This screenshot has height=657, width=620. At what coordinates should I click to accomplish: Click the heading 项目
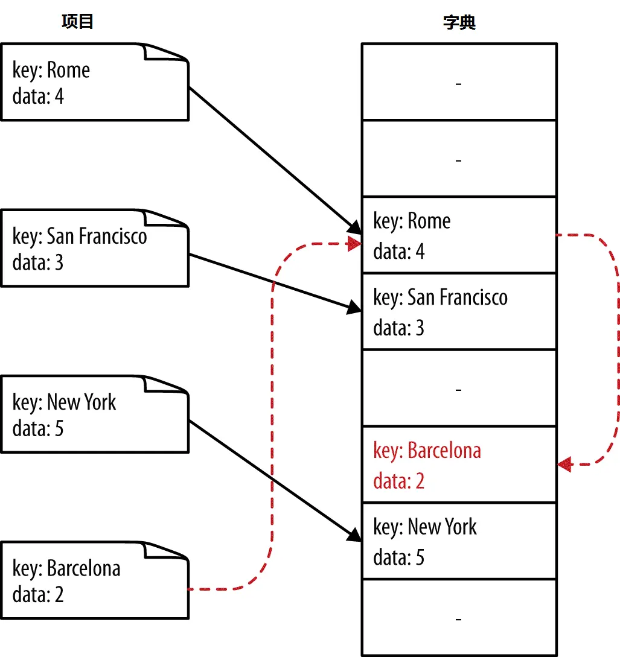coord(77,21)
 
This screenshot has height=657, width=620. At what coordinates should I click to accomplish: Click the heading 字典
coord(459,22)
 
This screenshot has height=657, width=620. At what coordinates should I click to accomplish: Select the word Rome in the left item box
coord(68,69)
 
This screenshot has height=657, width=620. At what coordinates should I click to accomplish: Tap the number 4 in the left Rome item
coord(60,97)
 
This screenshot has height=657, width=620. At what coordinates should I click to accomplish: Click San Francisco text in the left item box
coord(97,236)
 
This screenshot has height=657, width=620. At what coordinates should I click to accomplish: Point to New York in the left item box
coord(81,402)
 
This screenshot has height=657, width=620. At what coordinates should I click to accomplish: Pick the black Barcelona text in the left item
coord(83,568)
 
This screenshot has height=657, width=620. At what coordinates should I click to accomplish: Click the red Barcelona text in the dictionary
coord(444,451)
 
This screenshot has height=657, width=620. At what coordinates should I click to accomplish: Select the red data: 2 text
coord(398,481)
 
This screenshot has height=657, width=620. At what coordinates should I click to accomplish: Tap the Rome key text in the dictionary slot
coord(429,221)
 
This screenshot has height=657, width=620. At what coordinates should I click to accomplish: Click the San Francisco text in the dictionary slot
coord(458,297)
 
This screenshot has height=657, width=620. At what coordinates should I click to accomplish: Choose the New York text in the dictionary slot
coord(443,527)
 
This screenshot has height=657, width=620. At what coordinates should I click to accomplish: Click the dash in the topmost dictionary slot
coord(459,84)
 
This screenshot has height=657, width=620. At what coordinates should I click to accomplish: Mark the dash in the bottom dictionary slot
coord(459,619)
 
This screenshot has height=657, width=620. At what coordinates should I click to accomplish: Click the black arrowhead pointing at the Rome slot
coord(354,227)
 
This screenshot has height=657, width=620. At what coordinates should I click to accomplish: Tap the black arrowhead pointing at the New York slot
coord(354,535)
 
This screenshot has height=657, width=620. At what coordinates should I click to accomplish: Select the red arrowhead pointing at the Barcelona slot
coord(565,465)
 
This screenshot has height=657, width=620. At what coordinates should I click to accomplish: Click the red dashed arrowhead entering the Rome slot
coord(354,244)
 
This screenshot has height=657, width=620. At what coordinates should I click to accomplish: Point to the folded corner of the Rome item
coord(165,52)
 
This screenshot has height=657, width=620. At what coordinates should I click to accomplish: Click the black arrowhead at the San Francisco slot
coord(354,308)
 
